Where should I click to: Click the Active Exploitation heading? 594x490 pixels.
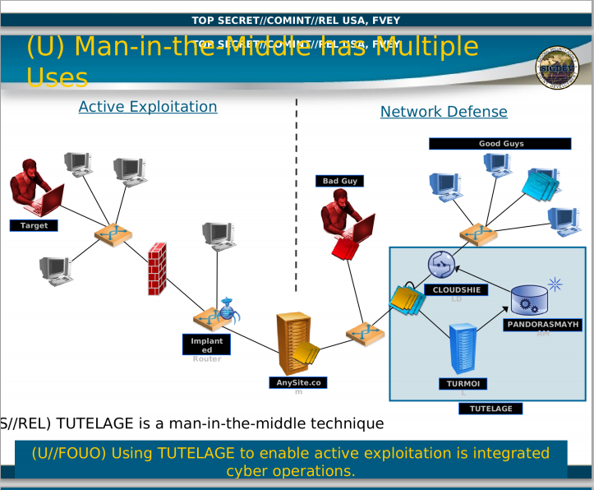[148, 107]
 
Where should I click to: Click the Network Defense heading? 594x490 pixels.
[444, 112]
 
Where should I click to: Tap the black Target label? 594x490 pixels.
[34, 225]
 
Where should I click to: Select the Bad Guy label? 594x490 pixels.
[339, 181]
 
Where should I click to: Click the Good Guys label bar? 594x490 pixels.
[500, 144]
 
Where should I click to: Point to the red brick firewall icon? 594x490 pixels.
[158, 269]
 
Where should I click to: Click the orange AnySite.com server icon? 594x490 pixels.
[297, 344]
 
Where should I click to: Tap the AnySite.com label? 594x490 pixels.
[299, 382]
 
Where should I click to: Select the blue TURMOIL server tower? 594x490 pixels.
[463, 350]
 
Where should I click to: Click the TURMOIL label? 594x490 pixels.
[463, 384]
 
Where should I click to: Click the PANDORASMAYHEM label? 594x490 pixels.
[542, 325]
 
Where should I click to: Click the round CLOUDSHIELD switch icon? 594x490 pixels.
[441, 264]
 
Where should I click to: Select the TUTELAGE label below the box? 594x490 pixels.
[490, 409]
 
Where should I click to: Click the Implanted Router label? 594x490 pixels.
[206, 346]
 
